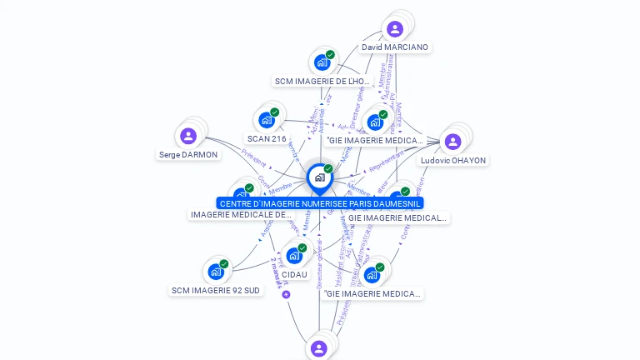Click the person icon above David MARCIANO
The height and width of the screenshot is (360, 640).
click(395, 29)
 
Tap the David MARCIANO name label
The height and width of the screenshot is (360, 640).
click(395, 47)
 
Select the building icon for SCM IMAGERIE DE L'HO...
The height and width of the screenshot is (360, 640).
click(322, 62)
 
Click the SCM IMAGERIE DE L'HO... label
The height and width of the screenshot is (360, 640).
click(322, 82)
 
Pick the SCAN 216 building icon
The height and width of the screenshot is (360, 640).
click(267, 120)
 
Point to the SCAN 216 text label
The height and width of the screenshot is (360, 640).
click(267, 139)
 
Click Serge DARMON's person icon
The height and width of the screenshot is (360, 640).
click(188, 136)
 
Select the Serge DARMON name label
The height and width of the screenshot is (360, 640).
click(188, 155)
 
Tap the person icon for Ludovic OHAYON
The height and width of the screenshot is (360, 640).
click(452, 142)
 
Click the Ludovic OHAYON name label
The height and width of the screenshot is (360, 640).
click(453, 161)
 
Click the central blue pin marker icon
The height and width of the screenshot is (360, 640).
click(319, 177)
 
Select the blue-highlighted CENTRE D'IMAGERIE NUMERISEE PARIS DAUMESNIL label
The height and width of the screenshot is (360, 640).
click(320, 203)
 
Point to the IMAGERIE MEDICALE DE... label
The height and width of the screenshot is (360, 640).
click(242, 215)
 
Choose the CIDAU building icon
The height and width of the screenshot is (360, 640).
click(294, 255)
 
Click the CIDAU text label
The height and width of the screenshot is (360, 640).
click(294, 274)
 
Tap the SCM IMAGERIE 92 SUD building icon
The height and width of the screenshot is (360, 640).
click(216, 272)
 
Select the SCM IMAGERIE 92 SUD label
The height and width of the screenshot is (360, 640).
click(216, 291)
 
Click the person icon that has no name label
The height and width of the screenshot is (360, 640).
click(318, 348)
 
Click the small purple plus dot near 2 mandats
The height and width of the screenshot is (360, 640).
click(286, 294)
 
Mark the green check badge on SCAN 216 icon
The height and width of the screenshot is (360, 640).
click(275, 112)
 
